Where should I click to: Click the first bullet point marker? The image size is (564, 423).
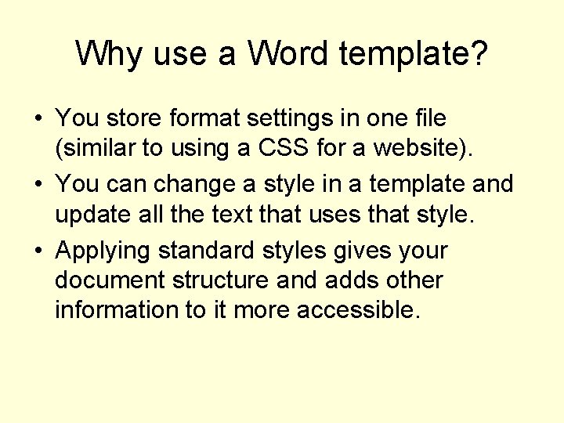[37, 119]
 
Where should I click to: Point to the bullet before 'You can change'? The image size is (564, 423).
[37, 186]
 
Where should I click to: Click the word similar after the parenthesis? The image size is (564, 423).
[99, 148]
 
